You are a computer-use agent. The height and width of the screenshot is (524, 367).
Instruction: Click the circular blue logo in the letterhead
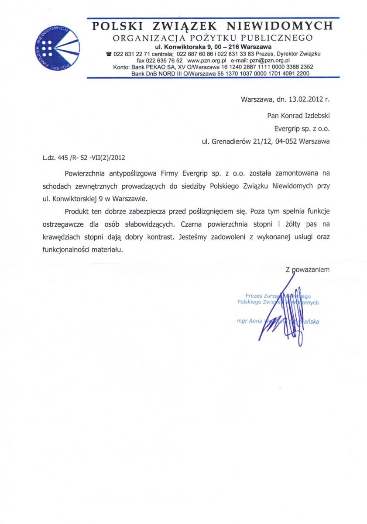click(57, 48)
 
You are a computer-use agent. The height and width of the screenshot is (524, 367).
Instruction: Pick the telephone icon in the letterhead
click(109, 54)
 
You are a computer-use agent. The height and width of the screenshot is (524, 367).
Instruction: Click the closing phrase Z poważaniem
click(308, 270)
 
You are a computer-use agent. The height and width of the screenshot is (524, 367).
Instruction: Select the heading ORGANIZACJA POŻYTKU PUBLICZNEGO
click(212, 38)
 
